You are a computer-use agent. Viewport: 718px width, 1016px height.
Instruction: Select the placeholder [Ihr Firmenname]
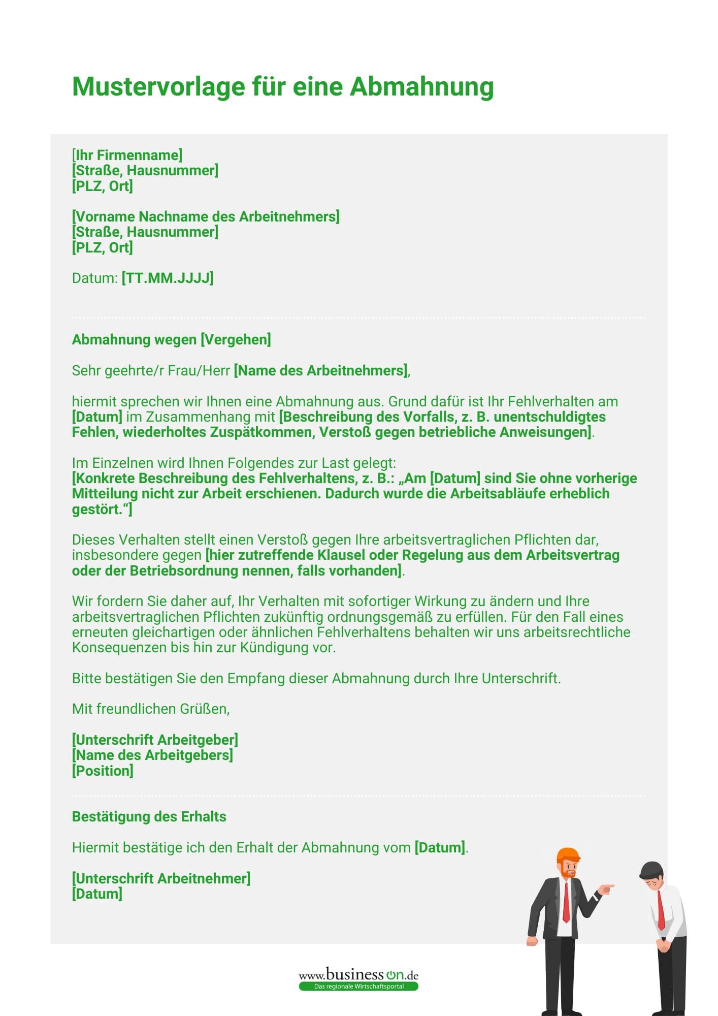(x=127, y=155)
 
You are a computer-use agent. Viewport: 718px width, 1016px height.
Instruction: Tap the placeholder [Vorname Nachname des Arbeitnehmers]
(x=206, y=216)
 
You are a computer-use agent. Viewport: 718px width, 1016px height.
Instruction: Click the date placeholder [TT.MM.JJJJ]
(x=168, y=278)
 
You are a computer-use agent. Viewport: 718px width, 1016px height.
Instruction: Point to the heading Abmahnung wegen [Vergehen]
(x=171, y=339)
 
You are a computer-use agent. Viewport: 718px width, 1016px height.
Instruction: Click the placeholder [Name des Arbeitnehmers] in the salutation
(x=320, y=370)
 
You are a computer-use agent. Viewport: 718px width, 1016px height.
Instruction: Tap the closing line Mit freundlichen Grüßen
(x=151, y=709)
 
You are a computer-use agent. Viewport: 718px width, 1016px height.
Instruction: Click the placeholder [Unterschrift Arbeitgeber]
(x=155, y=740)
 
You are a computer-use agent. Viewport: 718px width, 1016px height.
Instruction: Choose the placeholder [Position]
(x=103, y=771)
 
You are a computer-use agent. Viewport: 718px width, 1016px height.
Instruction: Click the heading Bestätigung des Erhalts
(x=149, y=816)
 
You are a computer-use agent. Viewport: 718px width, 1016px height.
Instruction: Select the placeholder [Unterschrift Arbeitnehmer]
(x=161, y=878)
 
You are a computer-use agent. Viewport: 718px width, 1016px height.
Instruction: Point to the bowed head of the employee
(x=651, y=873)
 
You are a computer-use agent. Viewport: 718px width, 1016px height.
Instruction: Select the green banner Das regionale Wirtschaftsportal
(x=358, y=987)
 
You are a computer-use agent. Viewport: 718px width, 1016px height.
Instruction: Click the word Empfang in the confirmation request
(x=255, y=678)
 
